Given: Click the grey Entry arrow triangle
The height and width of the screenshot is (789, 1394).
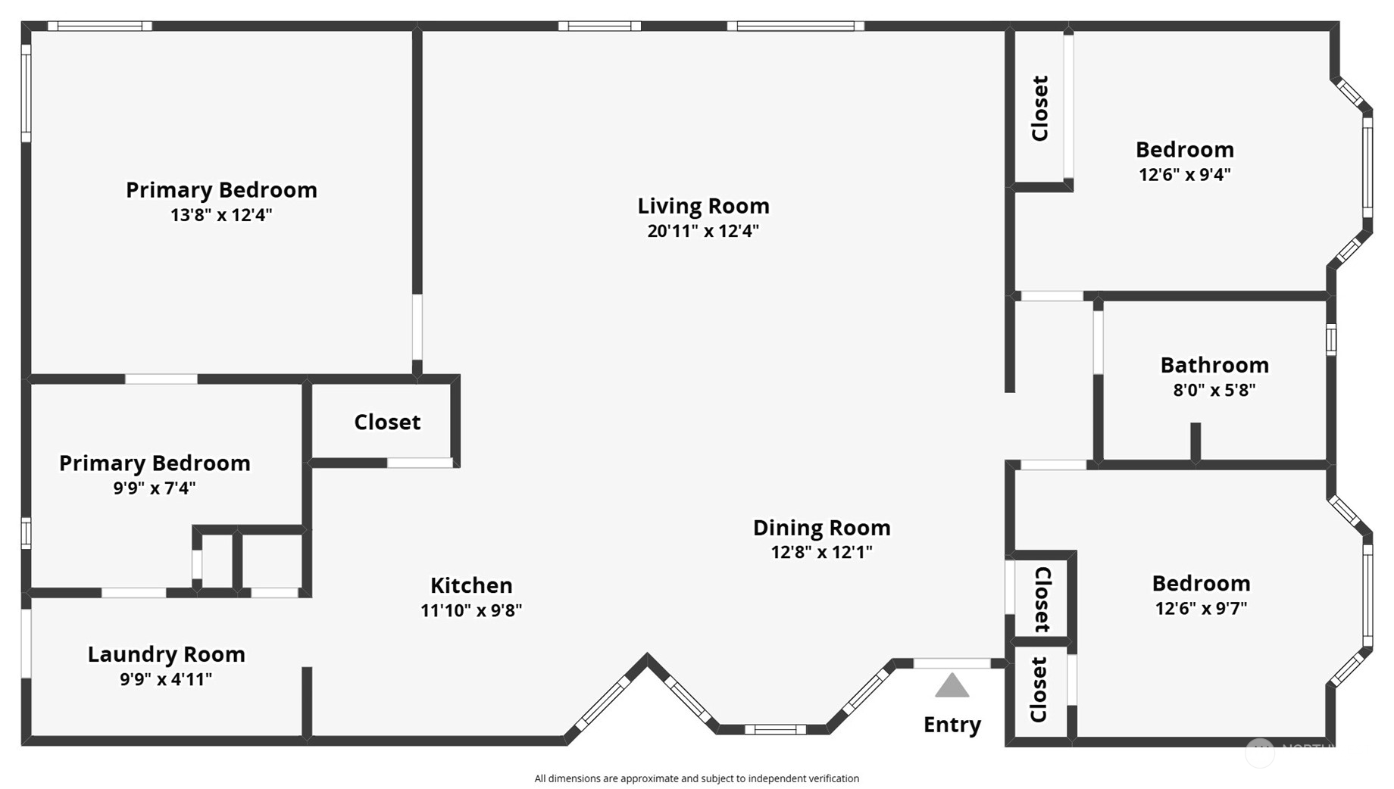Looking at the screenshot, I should point(952,687).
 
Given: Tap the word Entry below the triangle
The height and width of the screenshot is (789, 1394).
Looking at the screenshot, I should point(952,725).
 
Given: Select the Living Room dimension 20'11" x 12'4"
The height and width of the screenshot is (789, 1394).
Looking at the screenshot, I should point(703,231).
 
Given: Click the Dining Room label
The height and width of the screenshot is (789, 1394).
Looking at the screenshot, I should point(821,528).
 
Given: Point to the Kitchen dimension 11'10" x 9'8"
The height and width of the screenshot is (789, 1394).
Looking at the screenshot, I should point(471,610).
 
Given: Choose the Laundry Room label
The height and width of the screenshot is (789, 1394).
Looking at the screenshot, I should point(166,654).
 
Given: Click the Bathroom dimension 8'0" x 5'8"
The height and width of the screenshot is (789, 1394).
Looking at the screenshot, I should point(1214,390).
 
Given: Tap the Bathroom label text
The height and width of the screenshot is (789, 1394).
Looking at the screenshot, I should point(1214,365).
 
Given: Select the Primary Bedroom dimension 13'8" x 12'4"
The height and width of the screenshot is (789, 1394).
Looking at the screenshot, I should point(220,215).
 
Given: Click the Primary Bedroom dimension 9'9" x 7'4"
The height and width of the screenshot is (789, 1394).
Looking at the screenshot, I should point(155,488).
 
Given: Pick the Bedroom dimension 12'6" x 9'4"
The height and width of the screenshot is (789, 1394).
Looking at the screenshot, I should point(1184,175).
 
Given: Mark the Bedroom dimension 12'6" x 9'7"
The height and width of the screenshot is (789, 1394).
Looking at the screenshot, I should point(1201,608).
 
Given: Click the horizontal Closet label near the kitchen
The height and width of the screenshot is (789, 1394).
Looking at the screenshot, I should point(387,423).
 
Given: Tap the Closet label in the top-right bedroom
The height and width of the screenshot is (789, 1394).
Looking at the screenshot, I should point(1040,108).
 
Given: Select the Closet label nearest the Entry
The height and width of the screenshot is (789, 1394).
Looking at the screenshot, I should point(1039,689).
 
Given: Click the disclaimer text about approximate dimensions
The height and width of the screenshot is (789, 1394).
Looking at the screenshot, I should point(696,778).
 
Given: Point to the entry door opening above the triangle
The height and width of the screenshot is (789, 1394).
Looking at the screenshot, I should point(952,663).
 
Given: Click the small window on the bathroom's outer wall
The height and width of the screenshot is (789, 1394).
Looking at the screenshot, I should point(1331,339).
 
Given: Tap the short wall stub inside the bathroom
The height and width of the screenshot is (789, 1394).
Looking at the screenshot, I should point(1196,441).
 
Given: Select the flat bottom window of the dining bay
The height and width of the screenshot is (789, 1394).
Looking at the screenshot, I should point(774,730).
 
